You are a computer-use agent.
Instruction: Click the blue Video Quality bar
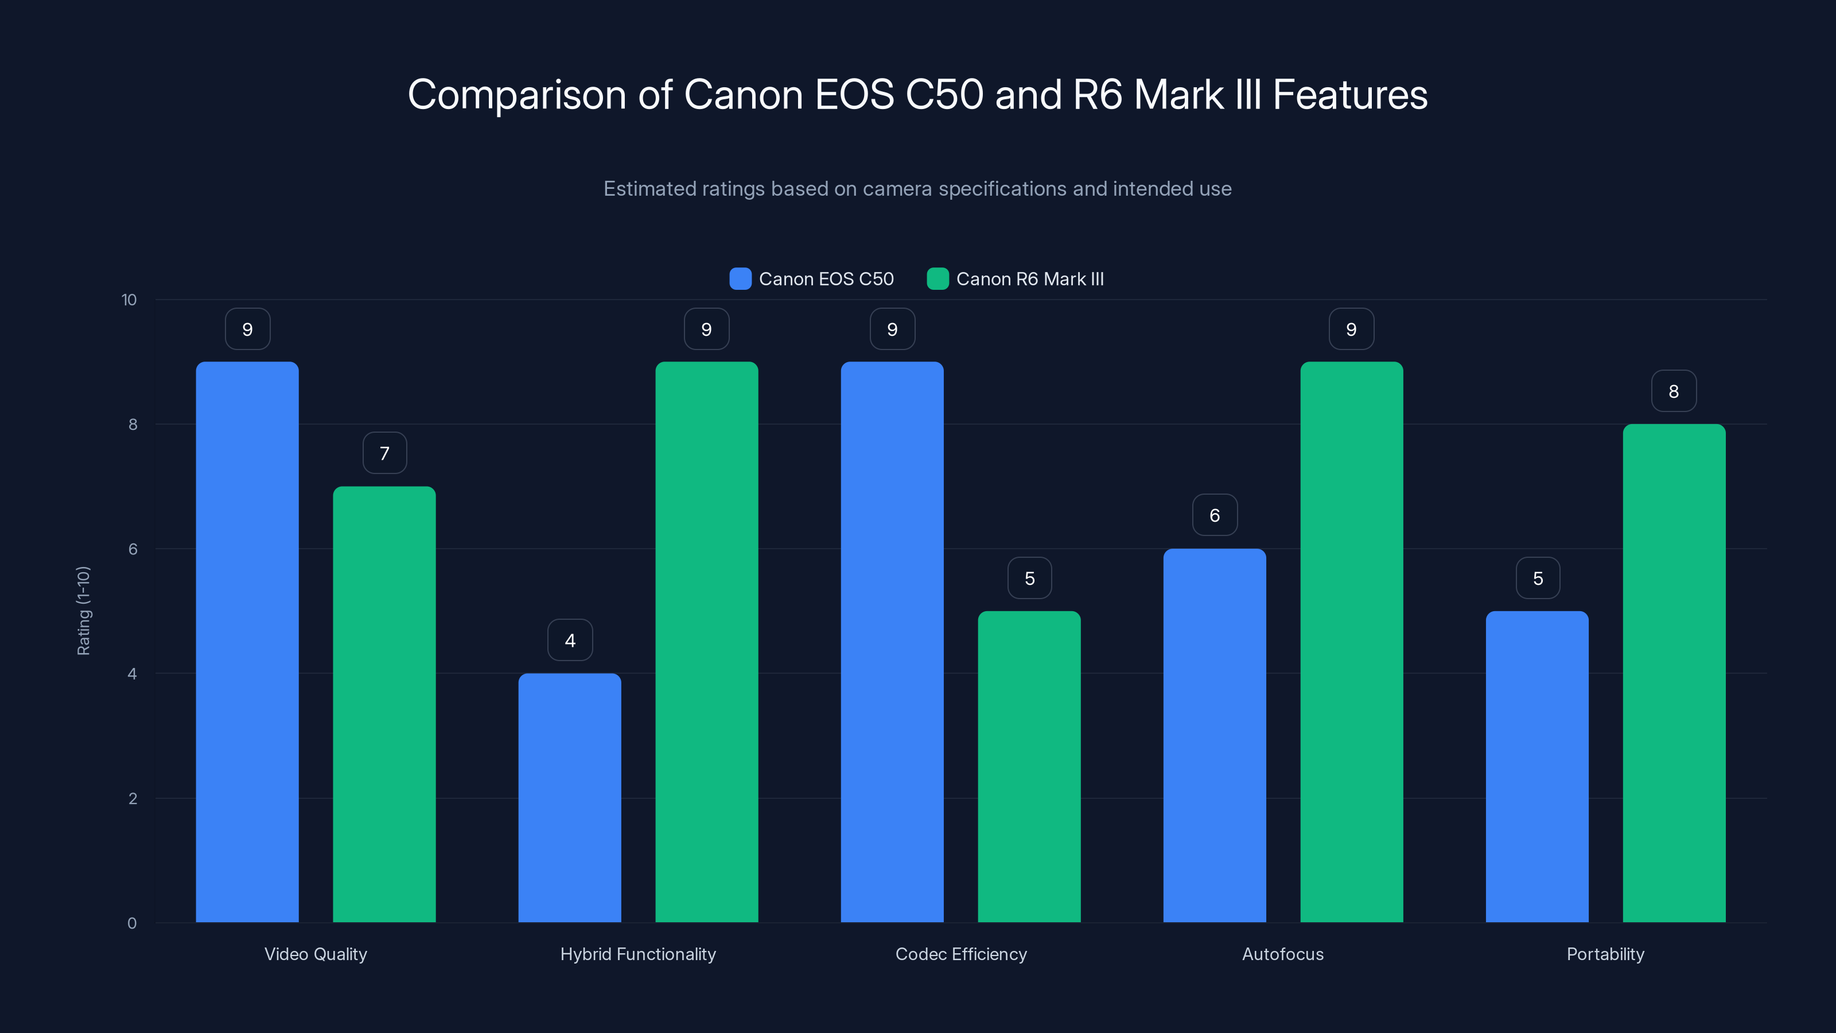[247, 642]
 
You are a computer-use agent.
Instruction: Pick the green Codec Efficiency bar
[1029, 766]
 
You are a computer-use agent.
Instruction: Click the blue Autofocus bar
[1215, 735]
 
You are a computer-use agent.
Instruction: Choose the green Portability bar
[1674, 673]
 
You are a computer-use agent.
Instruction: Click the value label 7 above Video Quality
[384, 453]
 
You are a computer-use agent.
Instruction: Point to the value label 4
[570, 640]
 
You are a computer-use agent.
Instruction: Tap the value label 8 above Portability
[1674, 391]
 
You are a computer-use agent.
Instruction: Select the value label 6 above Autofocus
[1215, 515]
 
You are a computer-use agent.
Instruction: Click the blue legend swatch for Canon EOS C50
[740, 279]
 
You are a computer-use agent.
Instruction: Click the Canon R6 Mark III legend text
[1029, 279]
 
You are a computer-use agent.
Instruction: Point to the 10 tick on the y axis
[129, 300]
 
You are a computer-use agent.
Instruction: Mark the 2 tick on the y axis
[133, 798]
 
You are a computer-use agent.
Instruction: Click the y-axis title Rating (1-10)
[83, 611]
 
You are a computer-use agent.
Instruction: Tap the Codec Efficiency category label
[961, 954]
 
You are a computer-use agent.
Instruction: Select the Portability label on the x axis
[1605, 954]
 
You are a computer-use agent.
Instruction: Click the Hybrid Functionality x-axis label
[638, 954]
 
